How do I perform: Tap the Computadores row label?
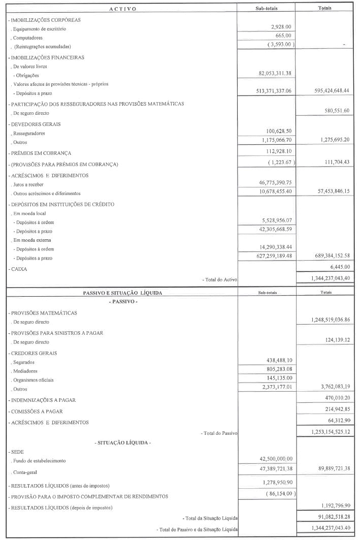[28, 38]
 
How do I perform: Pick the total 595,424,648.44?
[325, 91]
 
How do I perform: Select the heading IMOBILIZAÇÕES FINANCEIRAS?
[47, 57]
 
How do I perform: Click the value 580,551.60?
[333, 111]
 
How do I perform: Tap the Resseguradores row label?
[30, 133]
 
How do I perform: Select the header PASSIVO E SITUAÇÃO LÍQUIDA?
[122, 293]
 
